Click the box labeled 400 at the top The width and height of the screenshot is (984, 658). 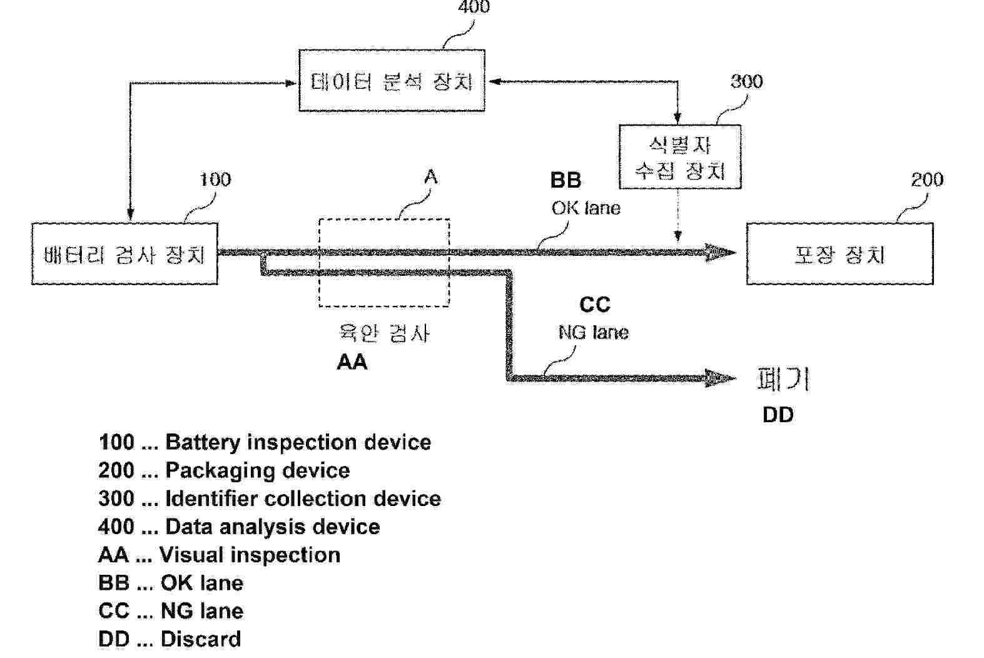(x=392, y=81)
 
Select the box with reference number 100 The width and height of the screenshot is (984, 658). (x=124, y=254)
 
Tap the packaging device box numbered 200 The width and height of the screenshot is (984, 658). (x=839, y=254)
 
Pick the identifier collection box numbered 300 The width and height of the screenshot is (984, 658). (x=680, y=158)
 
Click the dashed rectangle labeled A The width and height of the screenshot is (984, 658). (x=384, y=263)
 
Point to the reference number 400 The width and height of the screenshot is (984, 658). (x=474, y=8)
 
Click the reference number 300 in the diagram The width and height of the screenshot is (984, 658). (x=746, y=81)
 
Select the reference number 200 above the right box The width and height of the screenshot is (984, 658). (x=926, y=180)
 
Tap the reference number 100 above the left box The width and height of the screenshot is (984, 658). (x=215, y=180)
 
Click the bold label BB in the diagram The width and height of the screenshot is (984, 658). (x=566, y=180)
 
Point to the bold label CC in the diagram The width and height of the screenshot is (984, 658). (x=594, y=305)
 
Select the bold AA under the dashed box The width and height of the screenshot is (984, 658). (x=352, y=362)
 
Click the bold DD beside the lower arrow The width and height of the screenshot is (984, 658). (x=778, y=415)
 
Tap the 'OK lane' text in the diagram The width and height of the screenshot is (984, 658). (x=586, y=208)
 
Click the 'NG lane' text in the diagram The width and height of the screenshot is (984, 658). (x=593, y=332)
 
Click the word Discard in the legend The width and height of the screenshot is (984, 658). (x=200, y=639)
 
